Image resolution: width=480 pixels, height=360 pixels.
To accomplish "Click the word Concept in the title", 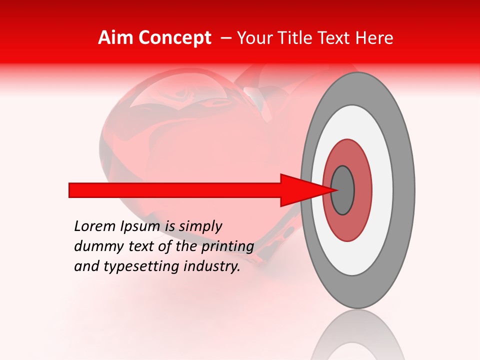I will pyautogui.click(x=173, y=38).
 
